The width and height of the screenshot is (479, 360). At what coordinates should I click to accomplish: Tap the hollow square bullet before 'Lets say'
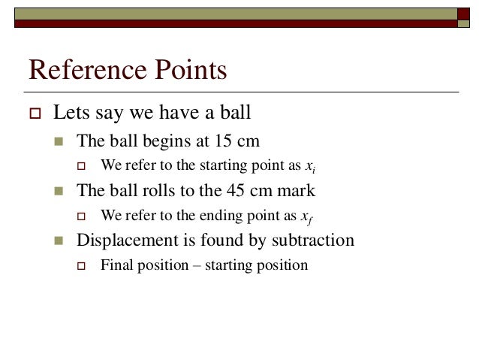(x=32, y=113)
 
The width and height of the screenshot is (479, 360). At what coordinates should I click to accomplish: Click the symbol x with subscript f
(x=306, y=216)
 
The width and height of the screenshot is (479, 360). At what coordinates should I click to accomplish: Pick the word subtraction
(x=315, y=241)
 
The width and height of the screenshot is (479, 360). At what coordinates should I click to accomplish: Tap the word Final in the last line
(x=116, y=265)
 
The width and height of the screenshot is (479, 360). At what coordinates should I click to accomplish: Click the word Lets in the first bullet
(x=68, y=113)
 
